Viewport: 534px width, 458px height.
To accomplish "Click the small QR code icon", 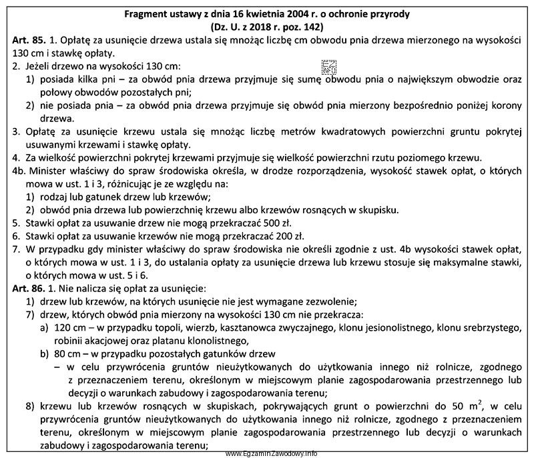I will pos(329,67).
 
